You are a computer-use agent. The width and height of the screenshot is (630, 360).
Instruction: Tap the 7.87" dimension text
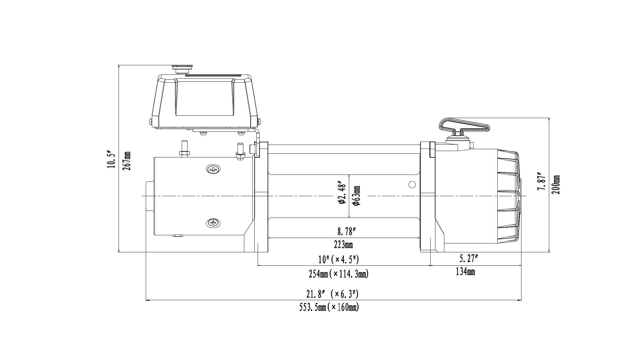541,183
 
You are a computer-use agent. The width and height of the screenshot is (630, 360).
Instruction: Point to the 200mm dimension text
556,185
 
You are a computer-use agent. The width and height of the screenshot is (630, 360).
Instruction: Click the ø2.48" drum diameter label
342,193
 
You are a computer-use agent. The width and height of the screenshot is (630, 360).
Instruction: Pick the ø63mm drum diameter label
356,195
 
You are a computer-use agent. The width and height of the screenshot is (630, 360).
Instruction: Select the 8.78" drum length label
347,232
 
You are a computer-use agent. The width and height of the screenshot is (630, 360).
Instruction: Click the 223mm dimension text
343,245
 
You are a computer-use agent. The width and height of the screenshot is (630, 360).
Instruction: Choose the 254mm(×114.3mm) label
338,274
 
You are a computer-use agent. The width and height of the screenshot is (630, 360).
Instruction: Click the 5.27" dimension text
468,259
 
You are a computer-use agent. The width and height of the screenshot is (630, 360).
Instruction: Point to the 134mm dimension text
465,271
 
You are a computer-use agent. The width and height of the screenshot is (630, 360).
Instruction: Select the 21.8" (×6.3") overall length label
332,294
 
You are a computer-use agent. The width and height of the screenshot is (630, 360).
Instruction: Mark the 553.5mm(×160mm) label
329,307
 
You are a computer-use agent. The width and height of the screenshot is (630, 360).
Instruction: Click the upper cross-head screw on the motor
213,169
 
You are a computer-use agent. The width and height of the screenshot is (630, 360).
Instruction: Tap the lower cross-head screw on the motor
213,223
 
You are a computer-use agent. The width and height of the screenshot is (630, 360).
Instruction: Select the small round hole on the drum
412,184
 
